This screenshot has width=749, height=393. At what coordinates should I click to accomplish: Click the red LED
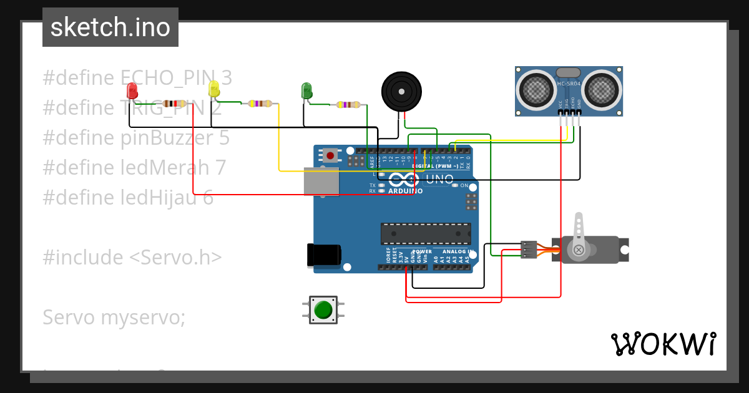pos(132,91)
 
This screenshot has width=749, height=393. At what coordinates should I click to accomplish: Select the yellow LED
pos(214,89)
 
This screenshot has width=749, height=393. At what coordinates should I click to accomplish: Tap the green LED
pos(306,90)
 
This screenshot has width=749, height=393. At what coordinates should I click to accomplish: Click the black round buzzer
pos(401,92)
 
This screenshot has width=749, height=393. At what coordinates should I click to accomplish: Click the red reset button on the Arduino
pos(330,155)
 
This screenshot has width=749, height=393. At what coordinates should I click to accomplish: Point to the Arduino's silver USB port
pos(321,181)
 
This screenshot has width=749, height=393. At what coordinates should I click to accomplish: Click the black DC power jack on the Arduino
pos(324,255)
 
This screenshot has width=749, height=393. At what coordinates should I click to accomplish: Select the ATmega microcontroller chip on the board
pos(426,233)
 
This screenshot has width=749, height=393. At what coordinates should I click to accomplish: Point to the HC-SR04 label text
pos(569,84)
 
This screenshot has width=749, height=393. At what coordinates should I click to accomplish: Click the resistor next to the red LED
pos(174,104)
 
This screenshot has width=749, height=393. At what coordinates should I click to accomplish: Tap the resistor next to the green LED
pos(348,105)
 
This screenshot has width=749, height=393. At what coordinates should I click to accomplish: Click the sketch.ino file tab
pos(110,27)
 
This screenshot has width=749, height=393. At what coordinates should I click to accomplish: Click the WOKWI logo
pos(663,344)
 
